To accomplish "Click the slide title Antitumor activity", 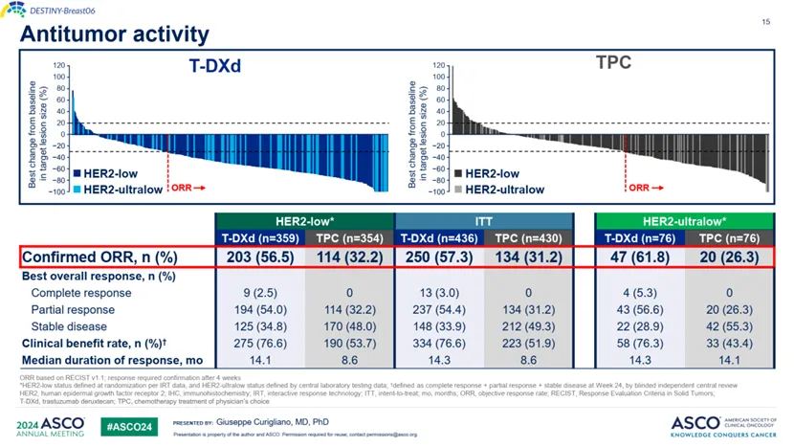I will click(114, 34).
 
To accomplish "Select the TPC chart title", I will click(612, 63).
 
